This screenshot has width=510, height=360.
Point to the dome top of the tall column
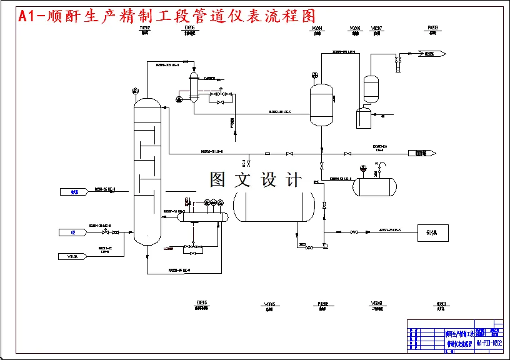tap(147, 101)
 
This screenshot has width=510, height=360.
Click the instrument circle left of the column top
tap(136, 92)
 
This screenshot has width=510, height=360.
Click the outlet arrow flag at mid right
tap(421, 153)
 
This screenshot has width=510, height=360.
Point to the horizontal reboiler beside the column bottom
tap(202, 215)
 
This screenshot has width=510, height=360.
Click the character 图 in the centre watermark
tap(217, 180)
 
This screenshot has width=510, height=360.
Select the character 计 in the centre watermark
tap(293, 180)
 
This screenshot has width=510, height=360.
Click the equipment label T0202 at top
tap(144, 29)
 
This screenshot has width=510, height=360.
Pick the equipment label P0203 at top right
tap(432, 28)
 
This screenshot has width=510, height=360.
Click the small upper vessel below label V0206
tap(371, 83)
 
